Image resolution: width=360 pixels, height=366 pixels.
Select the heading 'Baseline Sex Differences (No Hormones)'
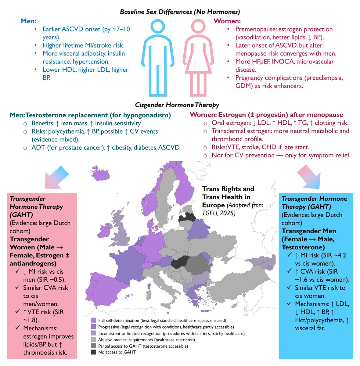point(180,12)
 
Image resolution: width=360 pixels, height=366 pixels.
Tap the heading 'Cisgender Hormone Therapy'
point(177,105)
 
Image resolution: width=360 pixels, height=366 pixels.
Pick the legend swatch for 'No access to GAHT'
point(93,352)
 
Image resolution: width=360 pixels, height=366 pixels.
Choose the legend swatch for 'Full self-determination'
point(93,321)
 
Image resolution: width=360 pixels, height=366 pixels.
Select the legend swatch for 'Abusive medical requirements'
point(93,339)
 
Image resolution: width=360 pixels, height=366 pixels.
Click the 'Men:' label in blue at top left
point(29,21)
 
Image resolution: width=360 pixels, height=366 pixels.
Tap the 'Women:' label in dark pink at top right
point(227,21)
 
